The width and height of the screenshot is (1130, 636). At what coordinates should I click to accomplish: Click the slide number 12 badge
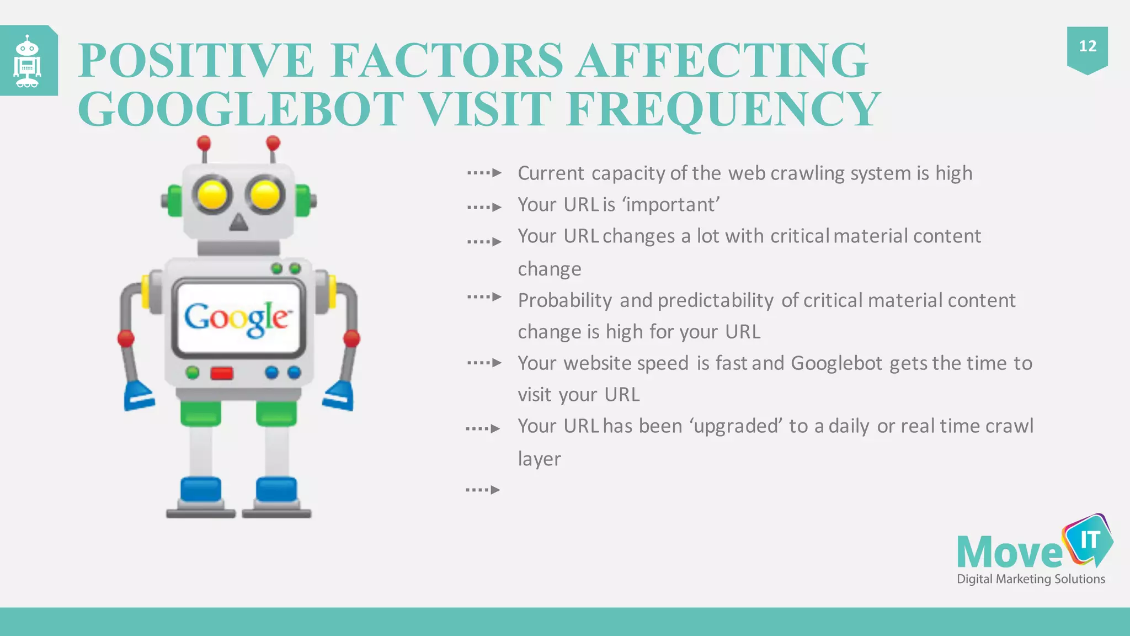[x=1087, y=47]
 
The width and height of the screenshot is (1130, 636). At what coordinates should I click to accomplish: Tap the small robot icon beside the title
[x=28, y=61]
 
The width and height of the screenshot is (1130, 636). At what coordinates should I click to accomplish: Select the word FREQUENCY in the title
[x=723, y=109]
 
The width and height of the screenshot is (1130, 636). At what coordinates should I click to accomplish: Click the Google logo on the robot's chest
[x=237, y=319]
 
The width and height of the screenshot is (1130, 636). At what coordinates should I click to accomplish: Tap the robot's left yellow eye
[x=212, y=195]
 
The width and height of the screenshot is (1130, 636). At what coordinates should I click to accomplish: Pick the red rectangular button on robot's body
[x=221, y=374]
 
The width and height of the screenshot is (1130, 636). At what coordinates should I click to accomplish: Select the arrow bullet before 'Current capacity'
[x=484, y=173]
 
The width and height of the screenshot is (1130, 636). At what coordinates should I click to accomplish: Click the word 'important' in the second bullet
[x=671, y=205]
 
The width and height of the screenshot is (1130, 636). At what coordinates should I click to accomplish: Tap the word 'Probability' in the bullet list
[x=564, y=300]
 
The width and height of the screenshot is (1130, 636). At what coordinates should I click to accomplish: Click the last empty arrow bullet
[x=483, y=490]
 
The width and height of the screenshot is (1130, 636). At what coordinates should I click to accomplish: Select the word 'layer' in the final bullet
[x=539, y=459]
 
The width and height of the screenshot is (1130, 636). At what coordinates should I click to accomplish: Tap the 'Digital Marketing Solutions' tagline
[x=1031, y=579]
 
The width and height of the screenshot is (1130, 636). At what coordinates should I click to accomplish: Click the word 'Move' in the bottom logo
[x=1010, y=552]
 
